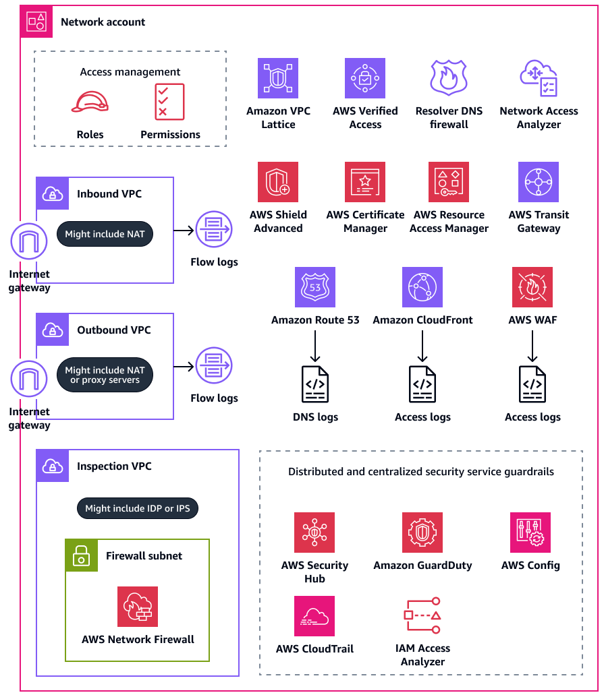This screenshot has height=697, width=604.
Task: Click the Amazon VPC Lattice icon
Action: tap(278, 78)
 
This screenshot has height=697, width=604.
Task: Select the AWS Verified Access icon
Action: tap(365, 78)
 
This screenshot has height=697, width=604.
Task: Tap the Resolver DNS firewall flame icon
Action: tap(449, 78)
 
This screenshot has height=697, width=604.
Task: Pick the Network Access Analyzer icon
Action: tap(539, 78)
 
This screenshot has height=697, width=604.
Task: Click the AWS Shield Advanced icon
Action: tap(278, 182)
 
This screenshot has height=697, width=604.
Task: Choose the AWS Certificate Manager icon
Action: tap(365, 182)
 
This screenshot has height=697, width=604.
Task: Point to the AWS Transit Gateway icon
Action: tap(539, 182)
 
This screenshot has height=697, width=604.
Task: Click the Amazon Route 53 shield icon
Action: tap(315, 287)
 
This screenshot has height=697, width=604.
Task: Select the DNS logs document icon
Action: tap(315, 385)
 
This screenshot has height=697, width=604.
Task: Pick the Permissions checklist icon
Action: tap(169, 102)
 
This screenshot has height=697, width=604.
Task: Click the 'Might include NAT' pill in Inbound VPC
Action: tap(105, 235)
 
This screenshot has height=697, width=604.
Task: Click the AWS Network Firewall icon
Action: tap(138, 607)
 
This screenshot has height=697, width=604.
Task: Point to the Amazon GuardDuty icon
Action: tap(422, 533)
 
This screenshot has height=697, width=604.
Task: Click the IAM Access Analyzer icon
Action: tap(422, 615)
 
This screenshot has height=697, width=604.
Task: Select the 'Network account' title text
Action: tap(103, 22)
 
